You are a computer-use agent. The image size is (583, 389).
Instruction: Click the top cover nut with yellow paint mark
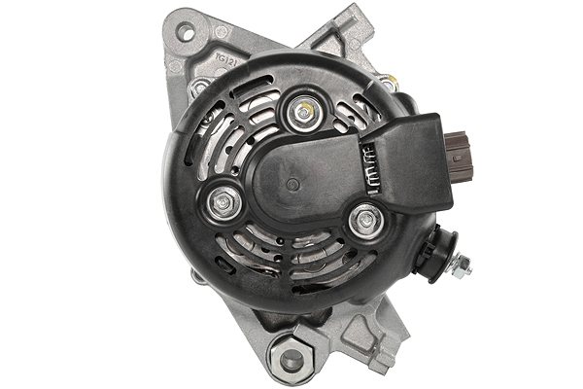tap(303, 113)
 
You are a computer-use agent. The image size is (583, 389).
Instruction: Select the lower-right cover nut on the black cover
tap(365, 222)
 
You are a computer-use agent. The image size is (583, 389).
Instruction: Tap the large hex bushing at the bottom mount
tap(291, 359)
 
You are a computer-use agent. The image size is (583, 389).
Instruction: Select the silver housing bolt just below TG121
tap(201, 88)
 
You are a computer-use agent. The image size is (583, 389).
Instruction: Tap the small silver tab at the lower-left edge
tap(197, 276)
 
